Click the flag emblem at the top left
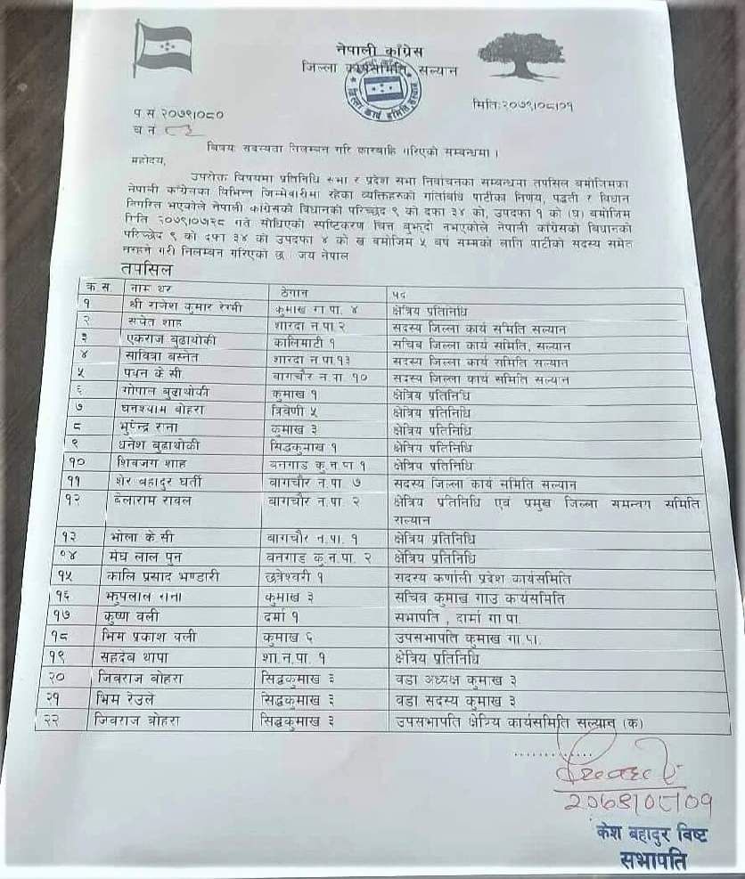(162, 48)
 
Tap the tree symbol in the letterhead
(520, 55)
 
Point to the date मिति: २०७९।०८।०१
(524, 106)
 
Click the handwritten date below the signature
(638, 804)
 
